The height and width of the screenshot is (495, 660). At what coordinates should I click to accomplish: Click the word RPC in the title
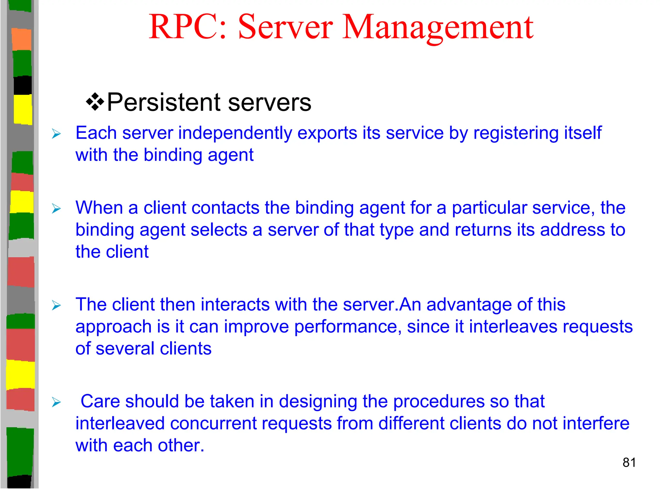(184, 27)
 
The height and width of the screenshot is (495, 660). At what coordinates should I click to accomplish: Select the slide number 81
(629, 462)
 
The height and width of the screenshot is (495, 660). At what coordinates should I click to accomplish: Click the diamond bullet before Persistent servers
(95, 102)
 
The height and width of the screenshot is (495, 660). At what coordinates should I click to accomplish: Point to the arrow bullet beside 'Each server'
(56, 134)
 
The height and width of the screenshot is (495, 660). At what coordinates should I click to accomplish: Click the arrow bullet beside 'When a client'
(56, 209)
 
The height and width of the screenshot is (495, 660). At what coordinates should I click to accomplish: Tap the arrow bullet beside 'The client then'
(56, 305)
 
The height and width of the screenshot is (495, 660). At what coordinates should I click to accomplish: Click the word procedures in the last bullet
(439, 402)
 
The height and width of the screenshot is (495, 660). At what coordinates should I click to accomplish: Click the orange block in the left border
(22, 39)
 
